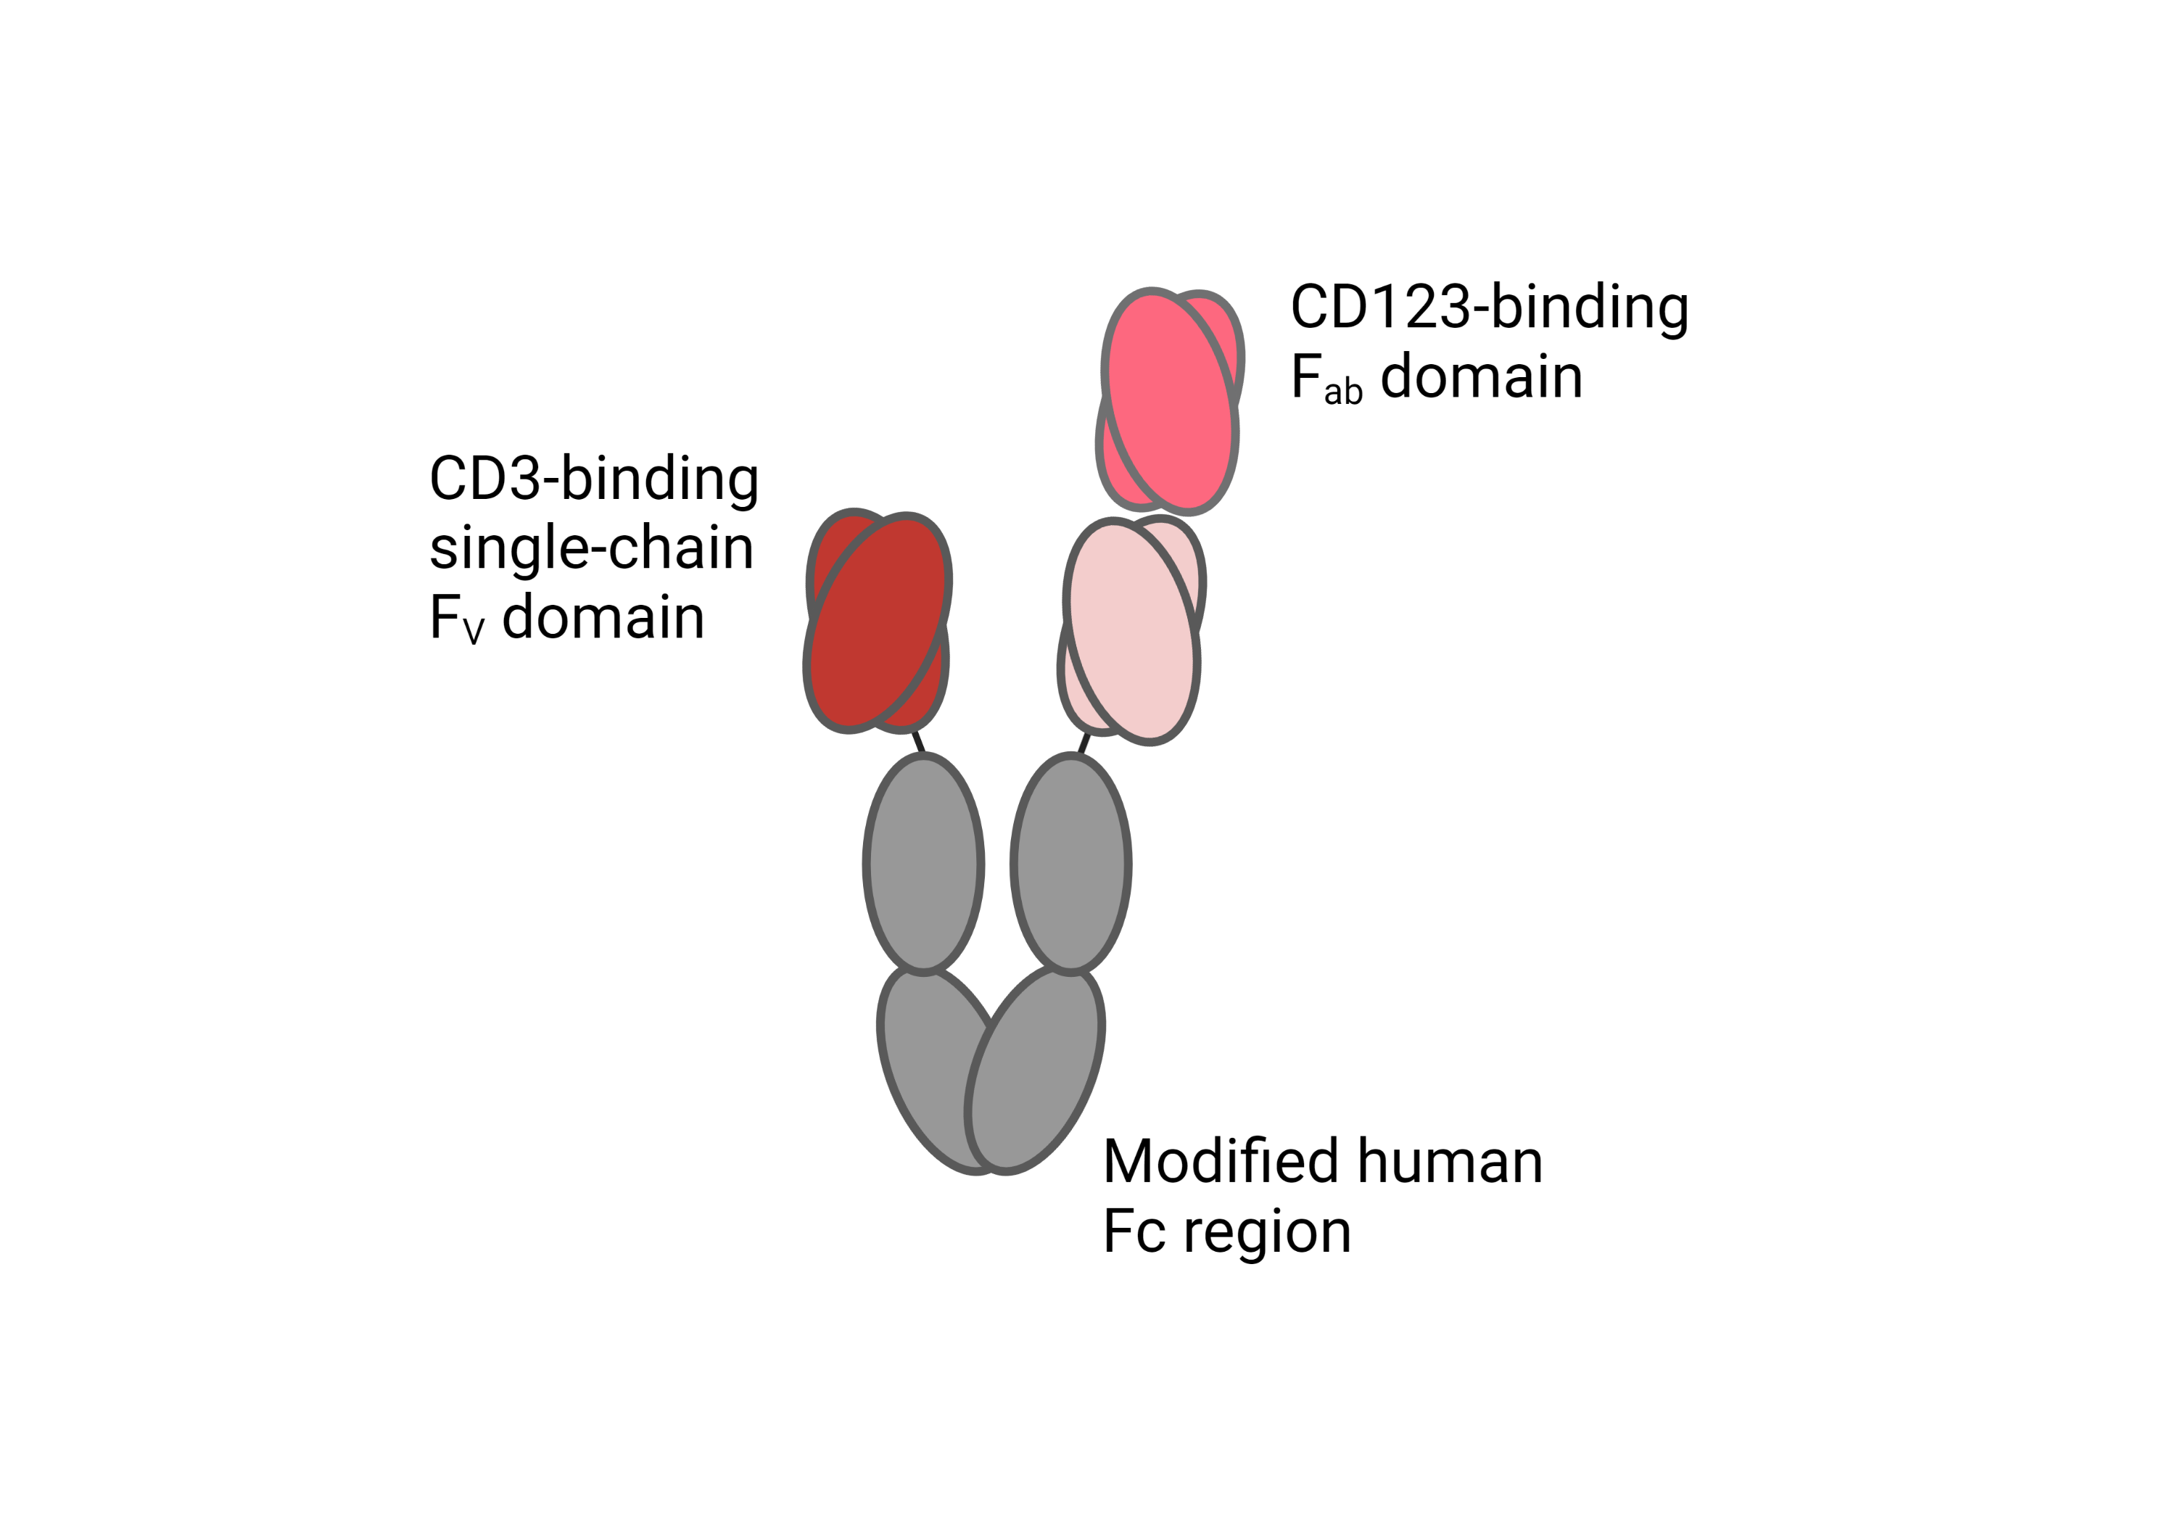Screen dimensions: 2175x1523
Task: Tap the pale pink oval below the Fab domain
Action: coord(1132,631)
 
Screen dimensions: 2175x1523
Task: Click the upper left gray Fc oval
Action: coord(924,863)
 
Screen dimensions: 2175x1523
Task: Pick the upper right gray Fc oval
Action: coord(1070,863)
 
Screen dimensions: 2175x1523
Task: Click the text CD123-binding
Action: coord(1489,309)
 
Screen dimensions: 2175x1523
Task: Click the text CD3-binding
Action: coord(594,480)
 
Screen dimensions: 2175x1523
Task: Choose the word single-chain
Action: coord(591,549)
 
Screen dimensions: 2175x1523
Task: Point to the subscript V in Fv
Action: coord(474,631)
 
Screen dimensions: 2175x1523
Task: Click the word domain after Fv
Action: coord(603,617)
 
